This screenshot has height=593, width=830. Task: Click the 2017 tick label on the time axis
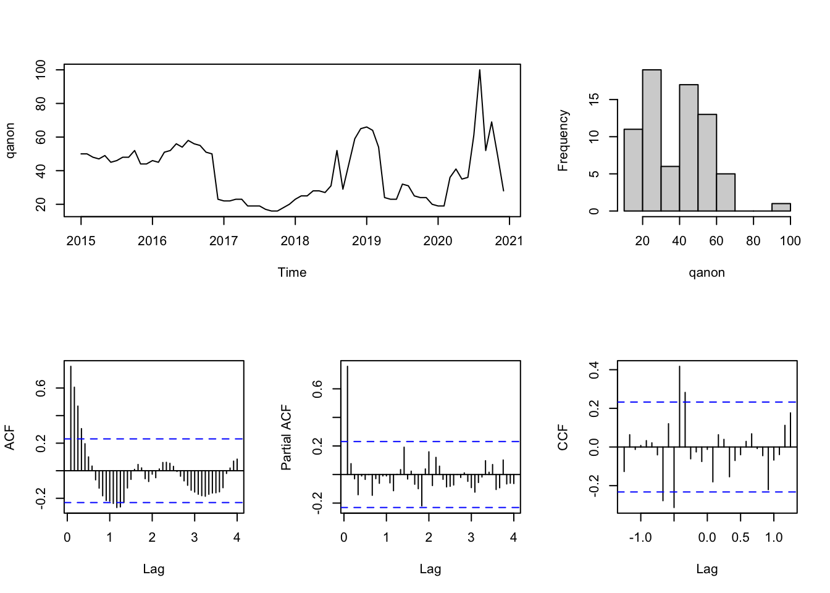pyautogui.click(x=224, y=241)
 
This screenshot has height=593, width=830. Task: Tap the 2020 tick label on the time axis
pyautogui.click(x=438, y=241)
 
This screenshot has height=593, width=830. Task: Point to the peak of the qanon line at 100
pyautogui.click(x=479, y=70)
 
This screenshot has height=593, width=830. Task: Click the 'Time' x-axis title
pyautogui.click(x=292, y=272)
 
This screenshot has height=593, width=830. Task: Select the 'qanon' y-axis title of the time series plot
pyautogui.click(x=10, y=140)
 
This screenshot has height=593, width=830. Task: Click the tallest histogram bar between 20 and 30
pyautogui.click(x=652, y=140)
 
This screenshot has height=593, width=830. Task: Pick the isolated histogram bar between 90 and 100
pyautogui.click(x=781, y=208)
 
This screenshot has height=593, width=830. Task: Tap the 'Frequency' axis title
pyautogui.click(x=563, y=140)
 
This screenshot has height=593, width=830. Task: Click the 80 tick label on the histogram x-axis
pyautogui.click(x=753, y=241)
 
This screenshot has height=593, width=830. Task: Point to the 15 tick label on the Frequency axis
pyautogui.click(x=593, y=99)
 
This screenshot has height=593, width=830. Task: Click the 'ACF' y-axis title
pyautogui.click(x=10, y=437)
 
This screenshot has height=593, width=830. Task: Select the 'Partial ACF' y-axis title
pyautogui.click(x=287, y=437)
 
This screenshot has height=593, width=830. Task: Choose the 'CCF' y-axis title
pyautogui.click(x=563, y=437)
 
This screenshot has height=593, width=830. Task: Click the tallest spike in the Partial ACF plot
pyautogui.click(x=348, y=420)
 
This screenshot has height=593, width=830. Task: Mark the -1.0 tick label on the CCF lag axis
pyautogui.click(x=640, y=537)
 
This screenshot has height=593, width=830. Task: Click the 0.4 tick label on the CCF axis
pyautogui.click(x=593, y=370)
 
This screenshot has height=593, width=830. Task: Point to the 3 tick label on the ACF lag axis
pyautogui.click(x=195, y=537)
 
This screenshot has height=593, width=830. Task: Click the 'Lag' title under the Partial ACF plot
pyautogui.click(x=430, y=569)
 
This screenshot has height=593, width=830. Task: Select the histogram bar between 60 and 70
pyautogui.click(x=726, y=193)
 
